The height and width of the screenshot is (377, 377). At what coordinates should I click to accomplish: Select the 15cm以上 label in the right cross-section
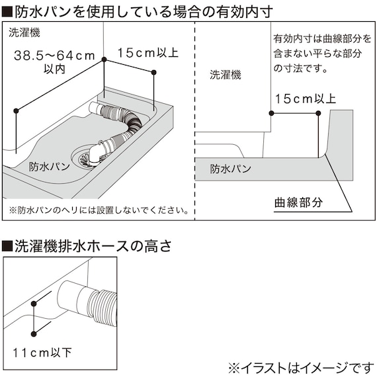[x=306, y=99]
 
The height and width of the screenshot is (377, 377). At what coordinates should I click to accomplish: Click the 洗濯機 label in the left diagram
[x=24, y=32]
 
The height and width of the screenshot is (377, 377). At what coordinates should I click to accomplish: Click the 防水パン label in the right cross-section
[x=230, y=169]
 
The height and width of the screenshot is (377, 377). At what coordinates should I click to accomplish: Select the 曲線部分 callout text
[x=299, y=203]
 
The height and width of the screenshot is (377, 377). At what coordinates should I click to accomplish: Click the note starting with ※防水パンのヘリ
[x=98, y=210]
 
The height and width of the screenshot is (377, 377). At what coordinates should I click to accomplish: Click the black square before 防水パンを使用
[x=8, y=11]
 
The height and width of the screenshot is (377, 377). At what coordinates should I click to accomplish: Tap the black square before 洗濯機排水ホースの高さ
[x=8, y=247]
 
